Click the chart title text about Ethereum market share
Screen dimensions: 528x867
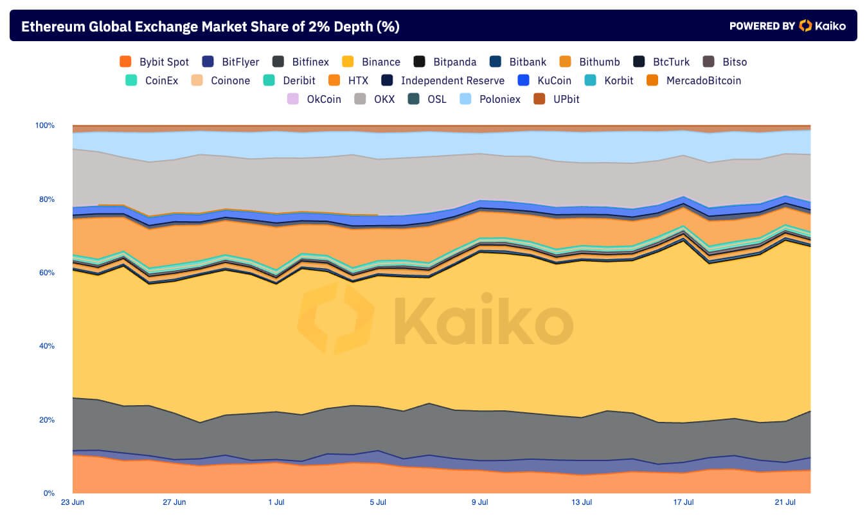point(210,26)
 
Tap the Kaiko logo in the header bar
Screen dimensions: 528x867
point(822,26)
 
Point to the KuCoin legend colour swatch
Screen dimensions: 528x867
point(524,80)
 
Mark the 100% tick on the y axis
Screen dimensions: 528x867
point(45,125)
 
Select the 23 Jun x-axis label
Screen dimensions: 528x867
point(72,502)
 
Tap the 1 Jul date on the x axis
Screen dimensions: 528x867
point(276,502)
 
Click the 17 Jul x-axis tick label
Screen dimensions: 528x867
point(684,502)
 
